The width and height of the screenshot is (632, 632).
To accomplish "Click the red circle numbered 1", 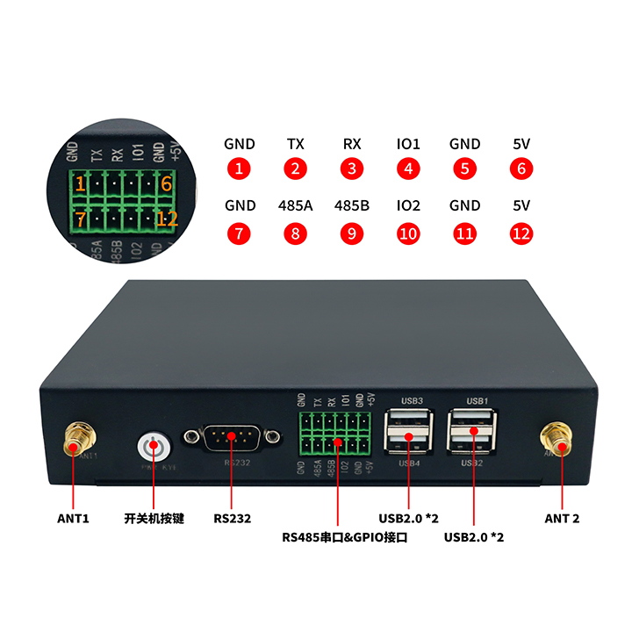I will click(x=239, y=169).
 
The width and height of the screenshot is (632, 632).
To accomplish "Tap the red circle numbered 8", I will click(x=296, y=234).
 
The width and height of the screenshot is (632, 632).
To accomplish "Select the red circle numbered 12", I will click(x=521, y=234).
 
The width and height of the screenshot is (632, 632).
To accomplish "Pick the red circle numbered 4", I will click(x=408, y=169).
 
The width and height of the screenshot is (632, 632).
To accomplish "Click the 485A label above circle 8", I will click(x=296, y=206).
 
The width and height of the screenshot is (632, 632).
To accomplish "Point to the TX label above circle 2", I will click(x=296, y=144).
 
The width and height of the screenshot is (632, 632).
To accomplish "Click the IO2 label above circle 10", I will click(x=408, y=206).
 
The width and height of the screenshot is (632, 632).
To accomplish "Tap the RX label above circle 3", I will click(x=352, y=144).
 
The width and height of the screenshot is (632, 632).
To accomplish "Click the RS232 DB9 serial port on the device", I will click(x=233, y=438).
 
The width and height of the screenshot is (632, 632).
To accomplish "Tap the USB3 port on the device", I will click(x=410, y=419).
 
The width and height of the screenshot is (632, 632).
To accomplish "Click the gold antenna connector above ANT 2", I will click(x=557, y=436).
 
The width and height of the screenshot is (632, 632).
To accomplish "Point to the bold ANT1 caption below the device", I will click(x=74, y=518).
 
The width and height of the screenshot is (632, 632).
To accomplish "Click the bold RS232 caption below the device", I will click(x=233, y=518).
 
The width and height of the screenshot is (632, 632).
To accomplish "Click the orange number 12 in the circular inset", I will click(x=167, y=219).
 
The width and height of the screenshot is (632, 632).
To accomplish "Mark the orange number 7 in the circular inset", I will click(x=80, y=218).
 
